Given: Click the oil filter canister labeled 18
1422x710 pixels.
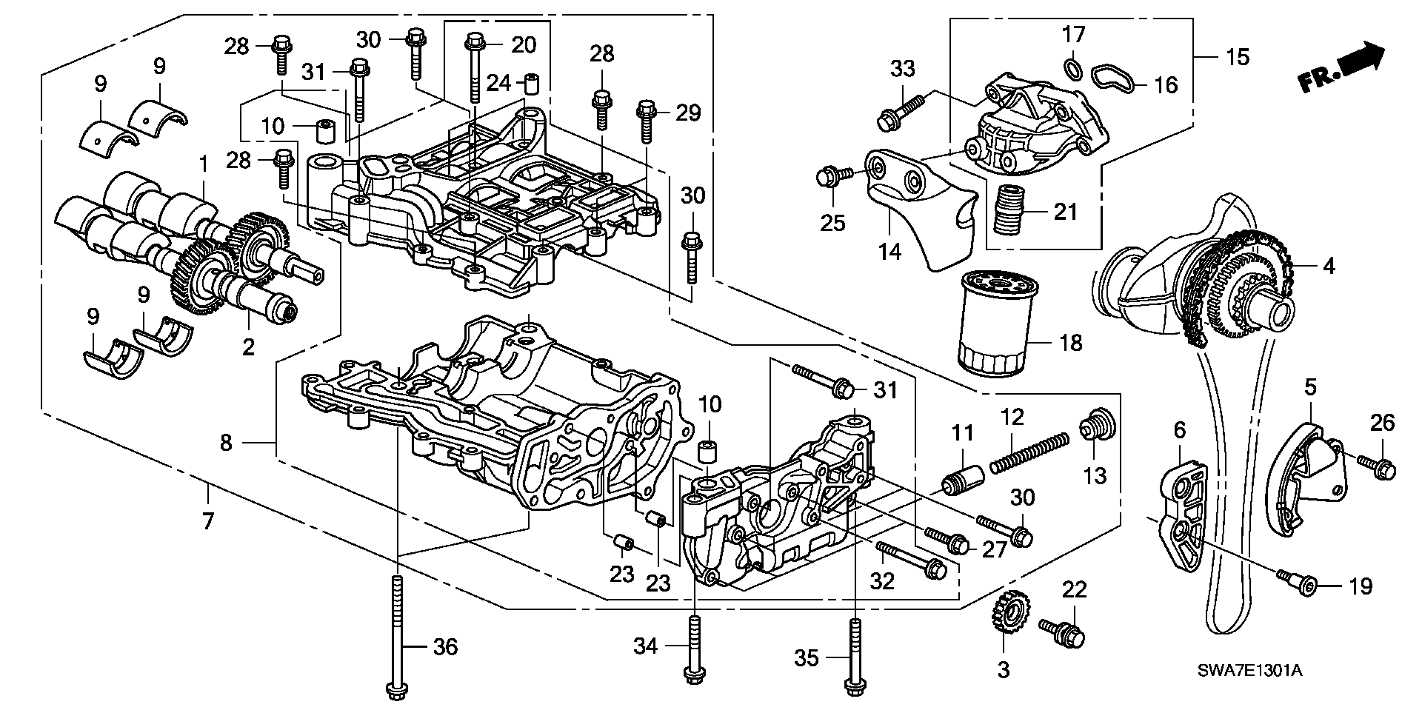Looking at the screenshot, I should tap(992, 324).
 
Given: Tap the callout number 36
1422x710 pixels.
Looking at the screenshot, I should tap(444, 647).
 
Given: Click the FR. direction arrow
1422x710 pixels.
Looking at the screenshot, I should tap(1341, 70).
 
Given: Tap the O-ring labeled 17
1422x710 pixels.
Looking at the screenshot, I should tap(1070, 69).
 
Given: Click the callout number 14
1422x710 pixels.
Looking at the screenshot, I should tap(889, 251).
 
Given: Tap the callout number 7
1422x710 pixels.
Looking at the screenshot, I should tap(207, 521).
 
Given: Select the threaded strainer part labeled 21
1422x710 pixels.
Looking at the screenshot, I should tap(1009, 210).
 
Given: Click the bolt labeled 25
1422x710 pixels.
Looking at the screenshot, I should tap(832, 176).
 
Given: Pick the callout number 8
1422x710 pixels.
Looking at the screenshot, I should tap(226, 443).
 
